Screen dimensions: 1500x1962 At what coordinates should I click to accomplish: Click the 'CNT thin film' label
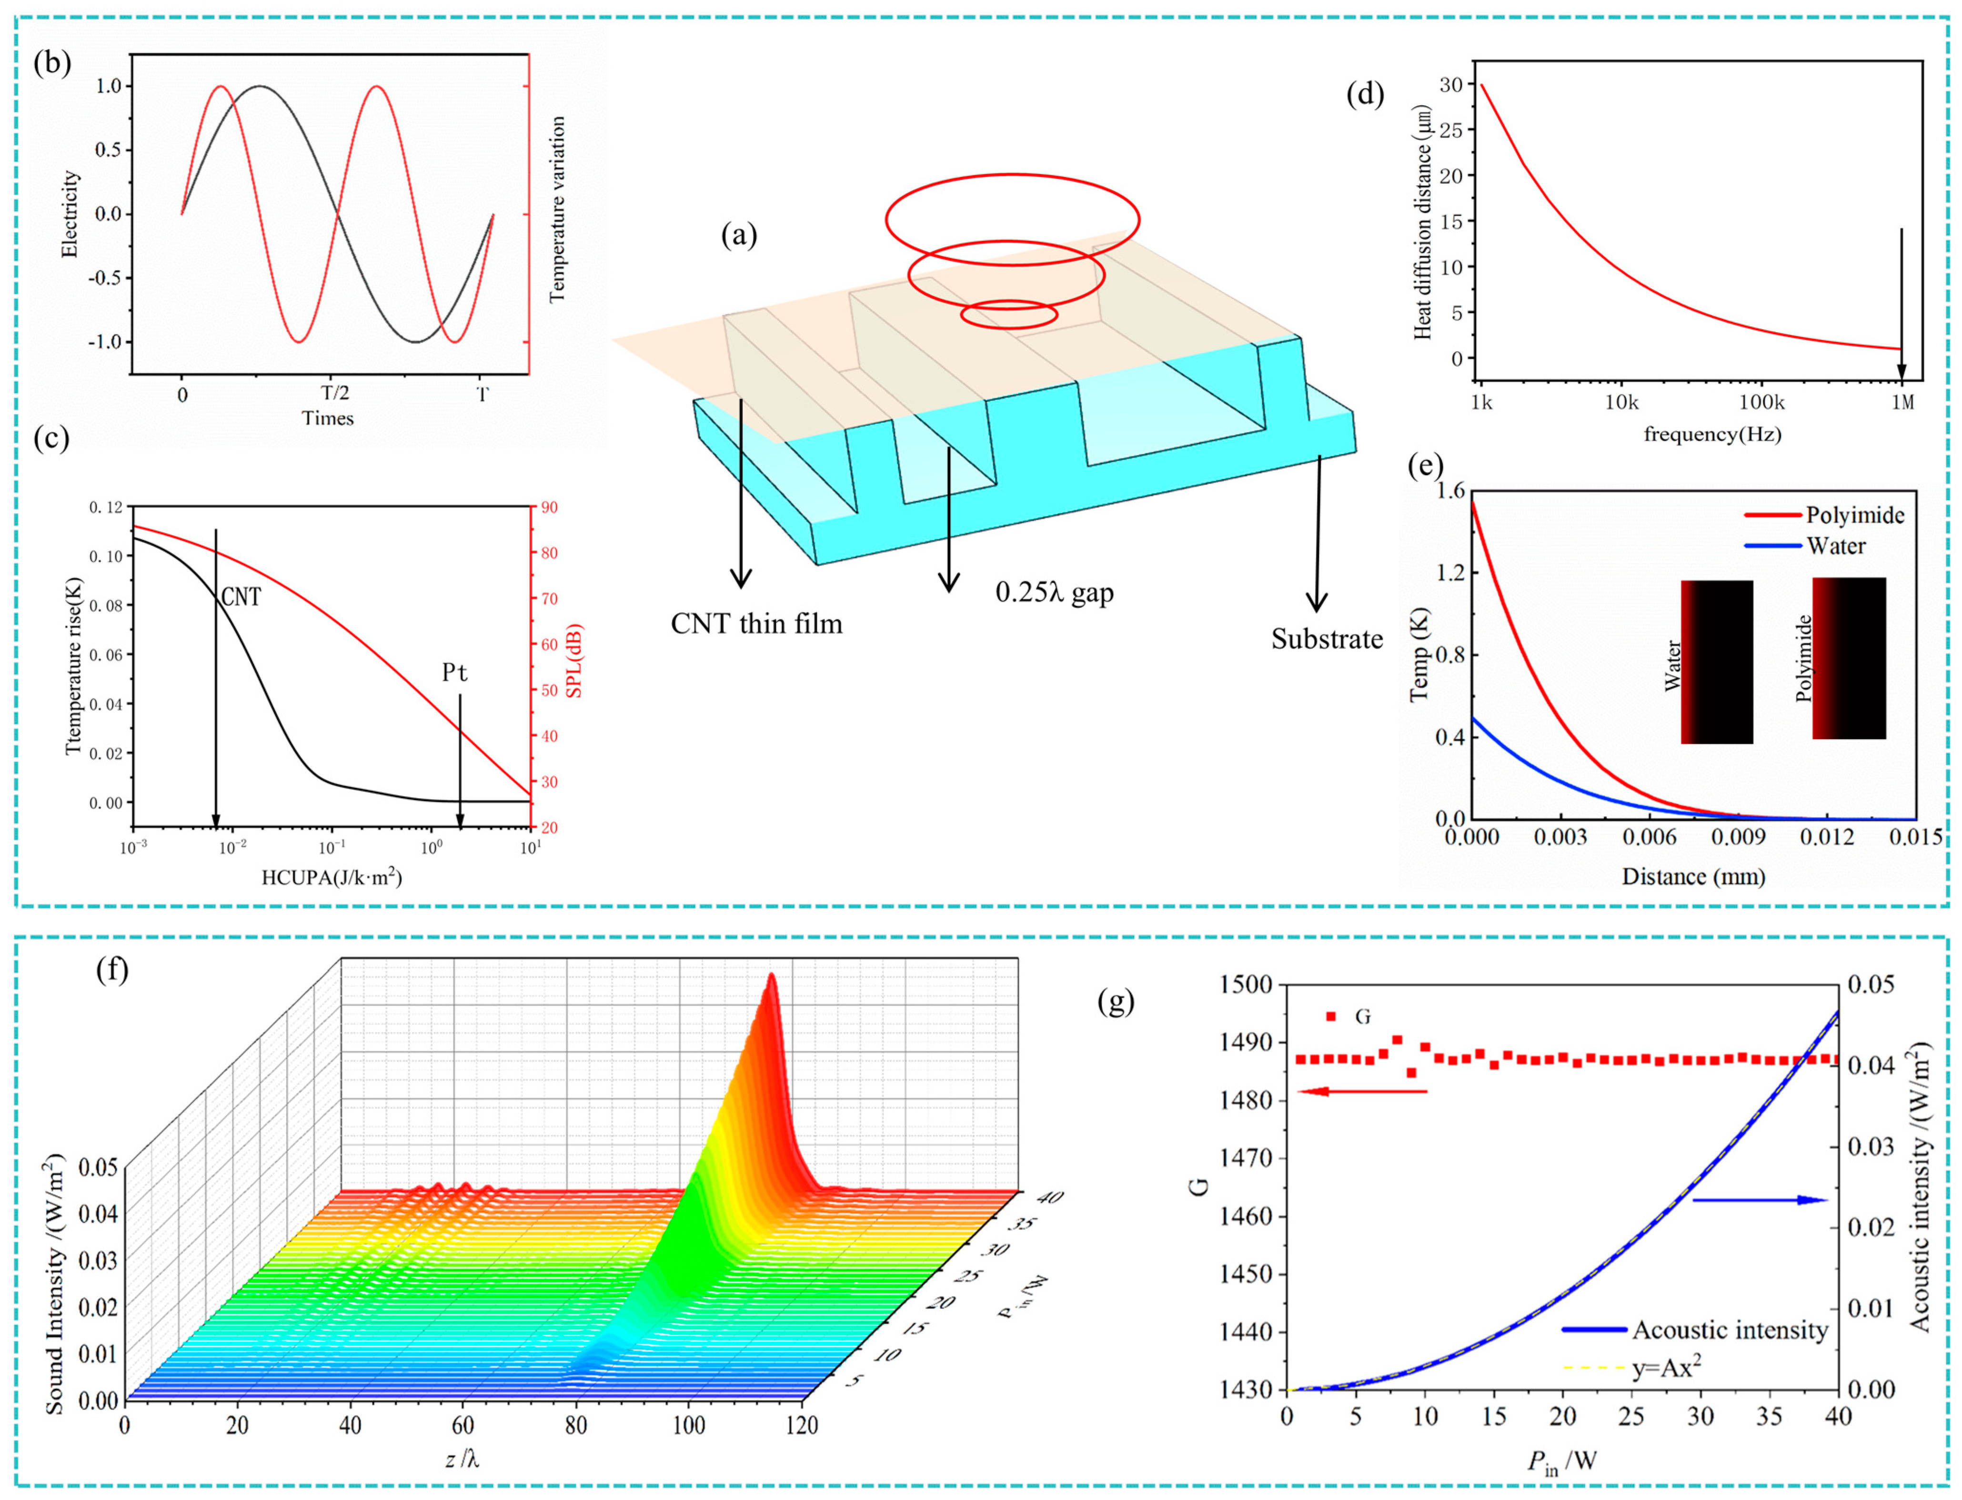pos(756,623)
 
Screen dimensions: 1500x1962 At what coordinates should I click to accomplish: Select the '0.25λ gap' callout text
pos(1054,593)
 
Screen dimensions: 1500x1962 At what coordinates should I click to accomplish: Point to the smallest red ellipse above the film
pos(1009,314)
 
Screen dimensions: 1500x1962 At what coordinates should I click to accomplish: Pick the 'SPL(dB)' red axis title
pos(574,661)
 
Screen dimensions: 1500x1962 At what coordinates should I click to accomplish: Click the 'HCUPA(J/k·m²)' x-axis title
pos(331,878)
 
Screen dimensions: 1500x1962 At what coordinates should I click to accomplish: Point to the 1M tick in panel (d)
pos(1902,403)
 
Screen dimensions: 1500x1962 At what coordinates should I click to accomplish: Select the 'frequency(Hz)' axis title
pos(1712,435)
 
